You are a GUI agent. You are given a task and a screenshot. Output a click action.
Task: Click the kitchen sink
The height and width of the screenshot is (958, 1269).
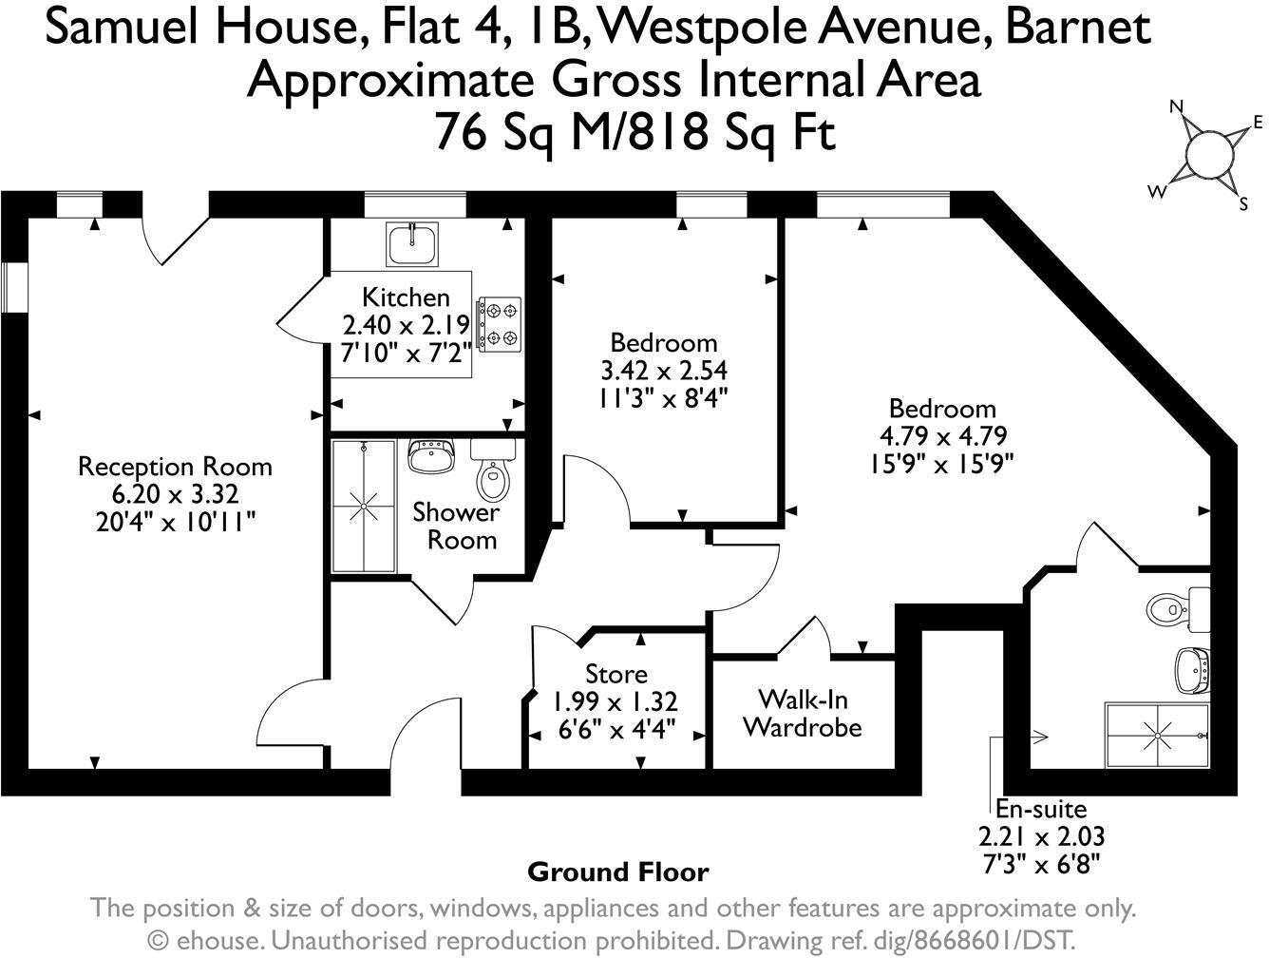[x=412, y=244]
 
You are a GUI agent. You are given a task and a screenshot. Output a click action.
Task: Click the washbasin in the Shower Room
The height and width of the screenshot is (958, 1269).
[x=431, y=455]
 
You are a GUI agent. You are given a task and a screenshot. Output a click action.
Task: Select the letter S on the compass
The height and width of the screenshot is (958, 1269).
[x=1243, y=203]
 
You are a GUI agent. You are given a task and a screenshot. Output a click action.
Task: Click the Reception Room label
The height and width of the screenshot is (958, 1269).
[x=175, y=467]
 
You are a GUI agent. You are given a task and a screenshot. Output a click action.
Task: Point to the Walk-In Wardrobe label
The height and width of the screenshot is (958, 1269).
[x=803, y=714]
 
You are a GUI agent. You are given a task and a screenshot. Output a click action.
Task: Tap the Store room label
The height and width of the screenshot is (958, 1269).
[x=616, y=674]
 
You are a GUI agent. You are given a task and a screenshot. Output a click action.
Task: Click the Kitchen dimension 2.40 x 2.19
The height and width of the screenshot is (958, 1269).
[x=406, y=325]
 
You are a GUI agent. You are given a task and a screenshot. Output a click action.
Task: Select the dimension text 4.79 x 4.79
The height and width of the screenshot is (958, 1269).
[x=943, y=435]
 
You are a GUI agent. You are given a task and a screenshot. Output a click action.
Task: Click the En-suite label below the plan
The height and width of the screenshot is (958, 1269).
[x=1041, y=808]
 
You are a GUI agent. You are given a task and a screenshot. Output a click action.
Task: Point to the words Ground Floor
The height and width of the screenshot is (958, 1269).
[x=618, y=872]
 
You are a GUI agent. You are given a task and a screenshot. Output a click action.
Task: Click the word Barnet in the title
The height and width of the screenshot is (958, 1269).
[x=1078, y=28]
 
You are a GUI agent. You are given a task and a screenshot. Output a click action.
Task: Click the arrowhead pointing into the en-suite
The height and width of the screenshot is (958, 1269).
[x=1041, y=737]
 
